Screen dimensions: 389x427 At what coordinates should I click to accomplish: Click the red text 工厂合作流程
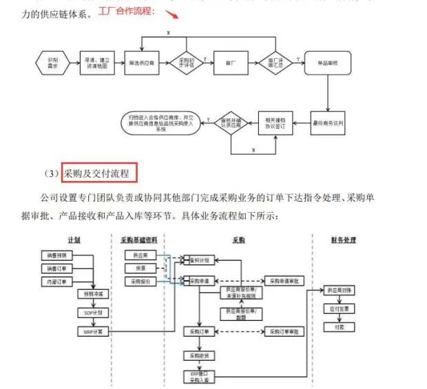(x=127, y=12)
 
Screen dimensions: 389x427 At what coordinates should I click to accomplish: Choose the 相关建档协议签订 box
(x=275, y=122)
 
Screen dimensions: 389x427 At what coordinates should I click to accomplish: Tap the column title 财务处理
(x=342, y=240)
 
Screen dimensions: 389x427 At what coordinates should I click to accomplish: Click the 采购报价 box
(x=140, y=282)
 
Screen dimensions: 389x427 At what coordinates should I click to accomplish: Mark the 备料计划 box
(x=200, y=260)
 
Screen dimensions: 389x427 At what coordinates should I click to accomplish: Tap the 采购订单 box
(x=200, y=331)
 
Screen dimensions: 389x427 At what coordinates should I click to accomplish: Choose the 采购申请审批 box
(x=283, y=282)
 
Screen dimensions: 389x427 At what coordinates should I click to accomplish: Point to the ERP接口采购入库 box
(x=200, y=377)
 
